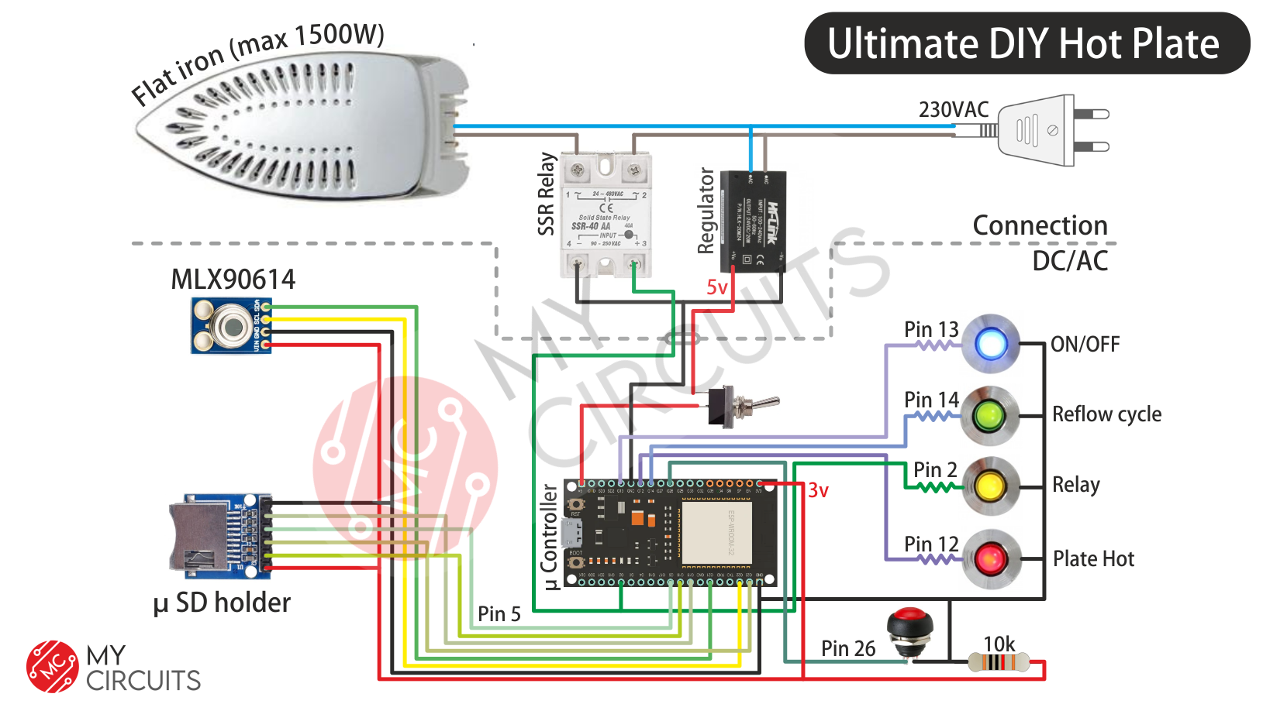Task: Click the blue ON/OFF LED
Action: [x=991, y=344]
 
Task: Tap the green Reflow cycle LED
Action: [x=989, y=416]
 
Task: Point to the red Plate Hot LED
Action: [x=990, y=558]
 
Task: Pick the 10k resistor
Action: [x=999, y=663]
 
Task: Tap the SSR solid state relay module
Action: [x=606, y=215]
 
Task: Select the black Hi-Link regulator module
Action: [x=753, y=222]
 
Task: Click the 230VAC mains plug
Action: [x=1047, y=130]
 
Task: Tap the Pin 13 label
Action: [x=931, y=329]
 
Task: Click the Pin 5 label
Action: [x=499, y=614]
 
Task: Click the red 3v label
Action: [x=818, y=490]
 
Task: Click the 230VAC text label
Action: [x=953, y=110]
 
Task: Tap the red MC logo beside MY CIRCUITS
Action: [x=52, y=666]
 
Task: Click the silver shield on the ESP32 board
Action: [x=717, y=533]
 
